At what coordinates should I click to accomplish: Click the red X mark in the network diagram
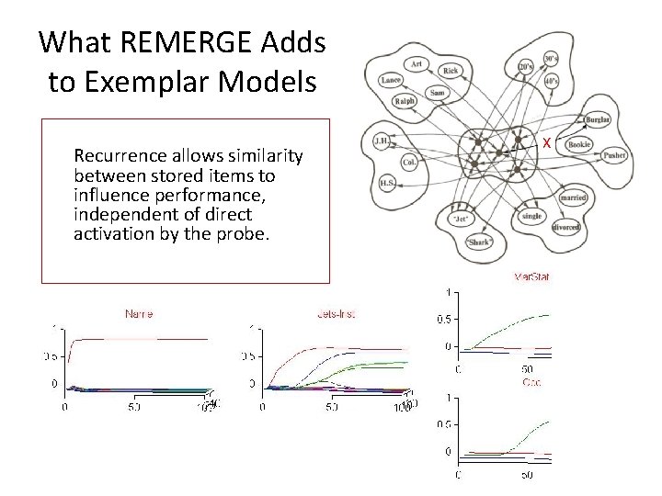(x=546, y=143)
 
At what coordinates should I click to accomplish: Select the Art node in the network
(x=416, y=63)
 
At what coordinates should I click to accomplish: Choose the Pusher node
(x=616, y=156)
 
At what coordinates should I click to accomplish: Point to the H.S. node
(x=387, y=183)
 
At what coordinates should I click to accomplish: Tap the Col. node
(x=409, y=162)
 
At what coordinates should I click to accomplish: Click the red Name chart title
(x=139, y=314)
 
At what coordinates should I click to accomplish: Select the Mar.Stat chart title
(x=531, y=276)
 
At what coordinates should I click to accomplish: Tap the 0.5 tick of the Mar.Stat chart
(x=442, y=320)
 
